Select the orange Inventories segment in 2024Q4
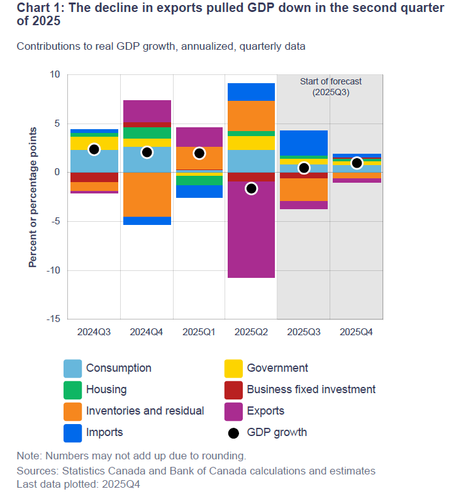click(x=147, y=194)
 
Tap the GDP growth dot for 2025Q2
click(x=251, y=188)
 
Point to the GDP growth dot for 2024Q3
click(x=94, y=149)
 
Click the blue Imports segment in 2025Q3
click(x=303, y=143)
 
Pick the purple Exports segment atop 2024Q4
click(x=147, y=111)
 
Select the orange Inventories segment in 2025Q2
click(x=251, y=116)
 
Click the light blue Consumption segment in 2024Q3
click(x=94, y=161)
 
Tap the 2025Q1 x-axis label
click(x=199, y=331)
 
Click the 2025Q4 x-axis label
click(x=356, y=331)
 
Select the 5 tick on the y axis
click(x=56, y=123)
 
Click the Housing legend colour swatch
click(x=72, y=389)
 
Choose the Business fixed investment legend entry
click(x=311, y=389)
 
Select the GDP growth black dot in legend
click(x=233, y=432)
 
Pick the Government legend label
click(x=277, y=368)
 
